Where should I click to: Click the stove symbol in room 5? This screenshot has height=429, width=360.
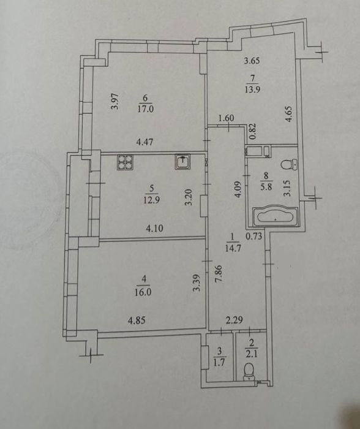tap(125, 162)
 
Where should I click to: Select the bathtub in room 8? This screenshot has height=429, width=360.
tap(276, 217)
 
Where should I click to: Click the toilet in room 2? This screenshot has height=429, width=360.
tap(249, 372)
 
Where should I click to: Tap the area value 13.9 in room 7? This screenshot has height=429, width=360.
tap(252, 89)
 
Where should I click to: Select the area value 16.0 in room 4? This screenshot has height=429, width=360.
tap(143, 292)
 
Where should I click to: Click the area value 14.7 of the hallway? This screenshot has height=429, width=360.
tap(233, 248)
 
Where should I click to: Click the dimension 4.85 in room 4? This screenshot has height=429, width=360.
tap(137, 320)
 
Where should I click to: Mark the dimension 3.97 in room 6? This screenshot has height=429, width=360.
tap(116, 101)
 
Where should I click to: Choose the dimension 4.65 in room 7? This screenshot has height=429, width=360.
tap(289, 114)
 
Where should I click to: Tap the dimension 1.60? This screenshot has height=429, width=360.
tap(227, 118)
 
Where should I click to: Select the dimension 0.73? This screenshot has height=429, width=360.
tap(254, 236)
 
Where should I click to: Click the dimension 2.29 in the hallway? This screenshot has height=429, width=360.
tap(234, 319)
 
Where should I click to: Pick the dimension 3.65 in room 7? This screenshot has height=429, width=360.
tap(252, 61)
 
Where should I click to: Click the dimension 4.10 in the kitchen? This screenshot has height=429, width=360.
tap(155, 228)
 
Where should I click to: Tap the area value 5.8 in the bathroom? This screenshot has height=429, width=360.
tap(266, 188)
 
